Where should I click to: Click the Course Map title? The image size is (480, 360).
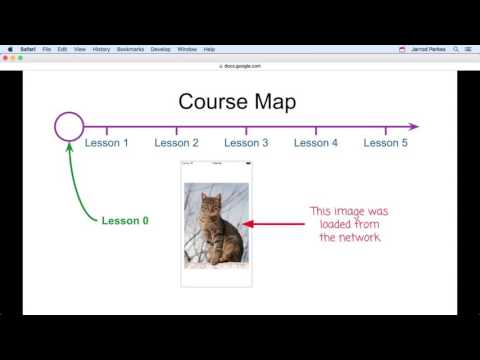point(237,102)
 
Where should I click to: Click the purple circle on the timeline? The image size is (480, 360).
point(69,126)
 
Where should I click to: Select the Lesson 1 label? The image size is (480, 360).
point(106,143)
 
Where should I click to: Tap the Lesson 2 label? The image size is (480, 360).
point(176,143)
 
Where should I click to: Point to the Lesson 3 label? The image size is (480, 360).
point(246,143)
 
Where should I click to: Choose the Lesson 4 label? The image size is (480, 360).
point(316,143)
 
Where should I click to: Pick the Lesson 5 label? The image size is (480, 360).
point(386,143)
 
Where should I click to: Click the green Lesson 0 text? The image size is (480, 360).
point(125,220)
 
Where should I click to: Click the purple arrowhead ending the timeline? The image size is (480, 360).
point(413,127)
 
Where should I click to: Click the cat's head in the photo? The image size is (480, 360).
point(211,204)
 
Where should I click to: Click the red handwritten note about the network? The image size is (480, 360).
point(348,224)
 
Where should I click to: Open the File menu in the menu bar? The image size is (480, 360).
point(47,49)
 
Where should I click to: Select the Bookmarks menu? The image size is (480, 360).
point(130,49)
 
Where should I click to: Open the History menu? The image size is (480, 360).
point(101,49)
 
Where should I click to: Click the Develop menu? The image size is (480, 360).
point(160,49)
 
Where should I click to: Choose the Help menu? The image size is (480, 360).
point(209,49)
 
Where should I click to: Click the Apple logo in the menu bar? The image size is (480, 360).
point(8,49)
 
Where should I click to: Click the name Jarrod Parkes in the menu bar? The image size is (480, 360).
point(429,49)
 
